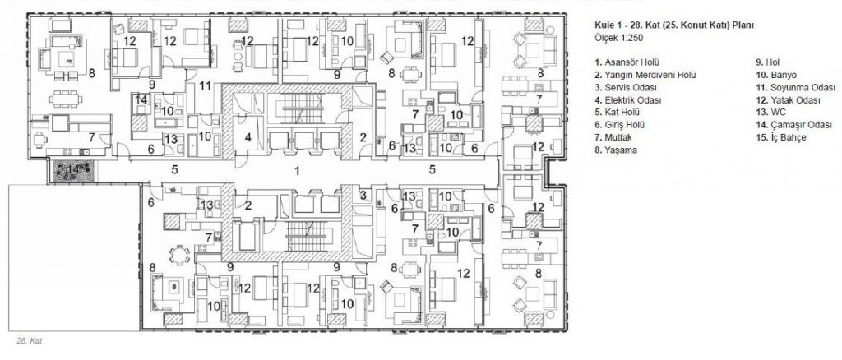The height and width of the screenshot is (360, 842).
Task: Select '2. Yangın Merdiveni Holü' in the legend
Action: click(x=645, y=75)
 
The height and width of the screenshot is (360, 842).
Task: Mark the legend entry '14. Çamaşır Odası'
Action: click(x=793, y=126)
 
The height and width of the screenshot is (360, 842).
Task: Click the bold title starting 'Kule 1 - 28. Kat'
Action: click(x=674, y=25)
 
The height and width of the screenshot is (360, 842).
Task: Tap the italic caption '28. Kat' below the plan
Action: click(x=30, y=341)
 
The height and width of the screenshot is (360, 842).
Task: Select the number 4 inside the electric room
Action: click(x=248, y=136)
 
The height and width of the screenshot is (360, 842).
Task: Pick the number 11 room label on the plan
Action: click(x=205, y=85)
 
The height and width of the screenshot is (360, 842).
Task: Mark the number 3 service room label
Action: click(x=363, y=195)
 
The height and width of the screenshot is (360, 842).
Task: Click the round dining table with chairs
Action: click(x=178, y=254)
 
